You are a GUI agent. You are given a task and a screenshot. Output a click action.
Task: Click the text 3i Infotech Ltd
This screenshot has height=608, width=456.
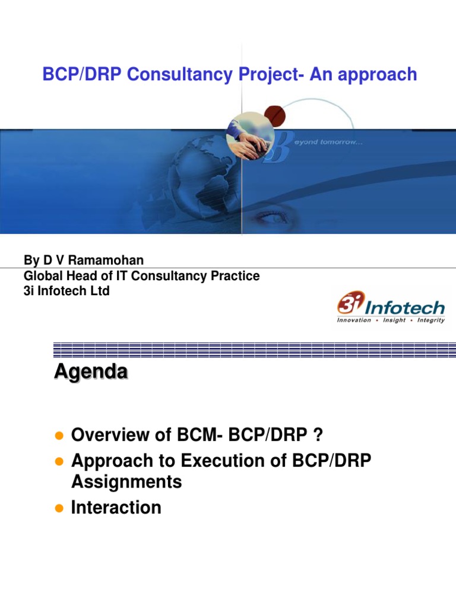click(66, 291)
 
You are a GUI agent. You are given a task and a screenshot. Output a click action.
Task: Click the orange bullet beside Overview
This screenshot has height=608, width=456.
click(59, 436)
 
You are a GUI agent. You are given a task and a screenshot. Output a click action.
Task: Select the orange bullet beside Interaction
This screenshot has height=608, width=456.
click(59, 508)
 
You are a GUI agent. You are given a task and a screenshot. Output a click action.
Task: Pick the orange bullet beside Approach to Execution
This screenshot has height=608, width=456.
click(59, 462)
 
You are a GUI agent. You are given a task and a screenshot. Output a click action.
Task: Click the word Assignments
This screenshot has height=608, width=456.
click(126, 482)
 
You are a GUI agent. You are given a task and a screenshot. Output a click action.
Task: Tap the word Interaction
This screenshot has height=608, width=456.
click(116, 508)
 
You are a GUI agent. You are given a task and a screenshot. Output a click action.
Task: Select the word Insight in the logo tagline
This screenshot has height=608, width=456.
click(391, 320)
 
